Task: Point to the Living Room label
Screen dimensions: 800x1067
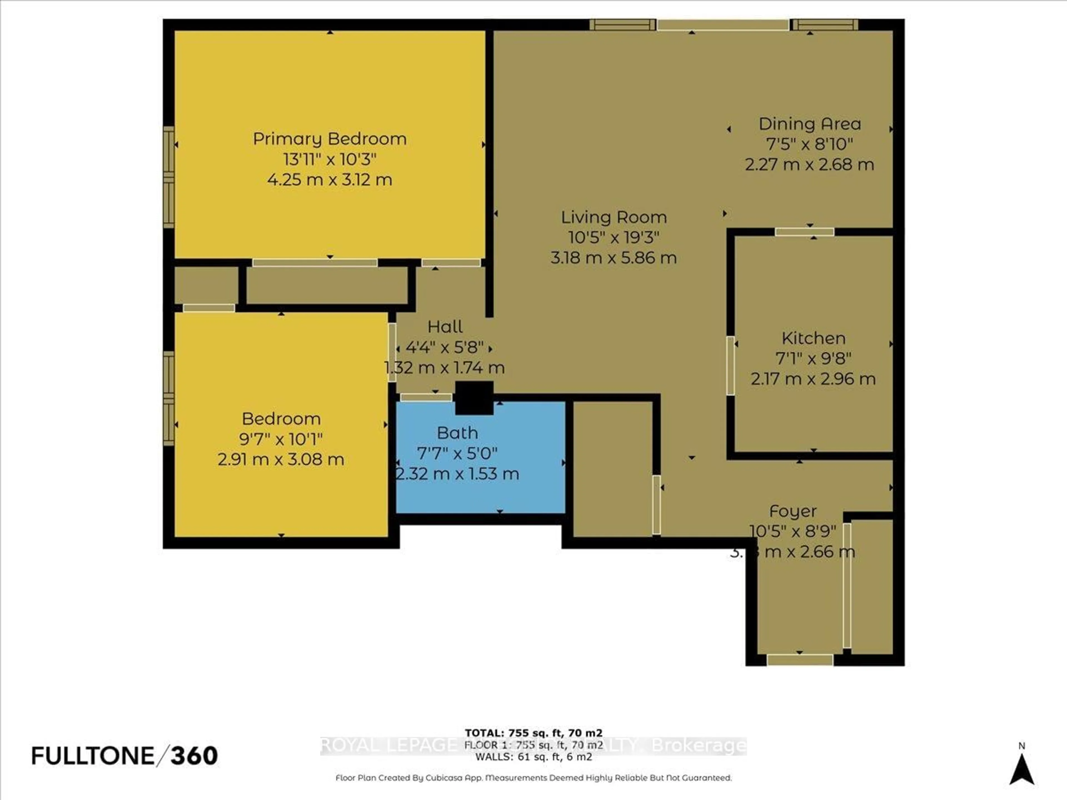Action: point(614,217)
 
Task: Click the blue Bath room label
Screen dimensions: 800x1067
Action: point(457,433)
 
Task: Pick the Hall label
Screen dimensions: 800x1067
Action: point(445,327)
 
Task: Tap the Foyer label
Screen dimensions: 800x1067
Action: point(792,511)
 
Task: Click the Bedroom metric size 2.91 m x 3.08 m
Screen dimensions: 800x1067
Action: point(281,459)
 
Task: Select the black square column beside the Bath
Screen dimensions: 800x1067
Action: point(474,398)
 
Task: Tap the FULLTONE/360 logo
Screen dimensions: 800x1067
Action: point(124,756)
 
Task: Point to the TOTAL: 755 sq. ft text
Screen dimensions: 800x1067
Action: point(533,733)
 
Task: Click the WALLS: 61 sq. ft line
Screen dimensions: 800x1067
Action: point(533,757)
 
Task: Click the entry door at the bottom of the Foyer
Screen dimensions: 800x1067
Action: point(800,660)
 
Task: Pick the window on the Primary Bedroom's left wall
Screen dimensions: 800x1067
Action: point(168,177)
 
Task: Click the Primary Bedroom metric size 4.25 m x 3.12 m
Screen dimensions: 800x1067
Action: point(330,180)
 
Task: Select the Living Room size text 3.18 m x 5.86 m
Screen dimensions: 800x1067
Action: point(614,258)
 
